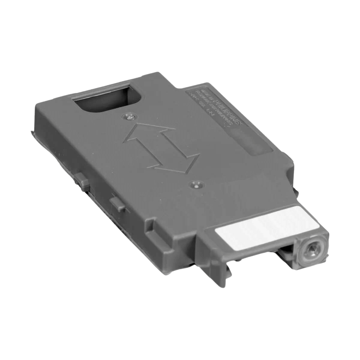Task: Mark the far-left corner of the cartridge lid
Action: coord(37,103)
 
